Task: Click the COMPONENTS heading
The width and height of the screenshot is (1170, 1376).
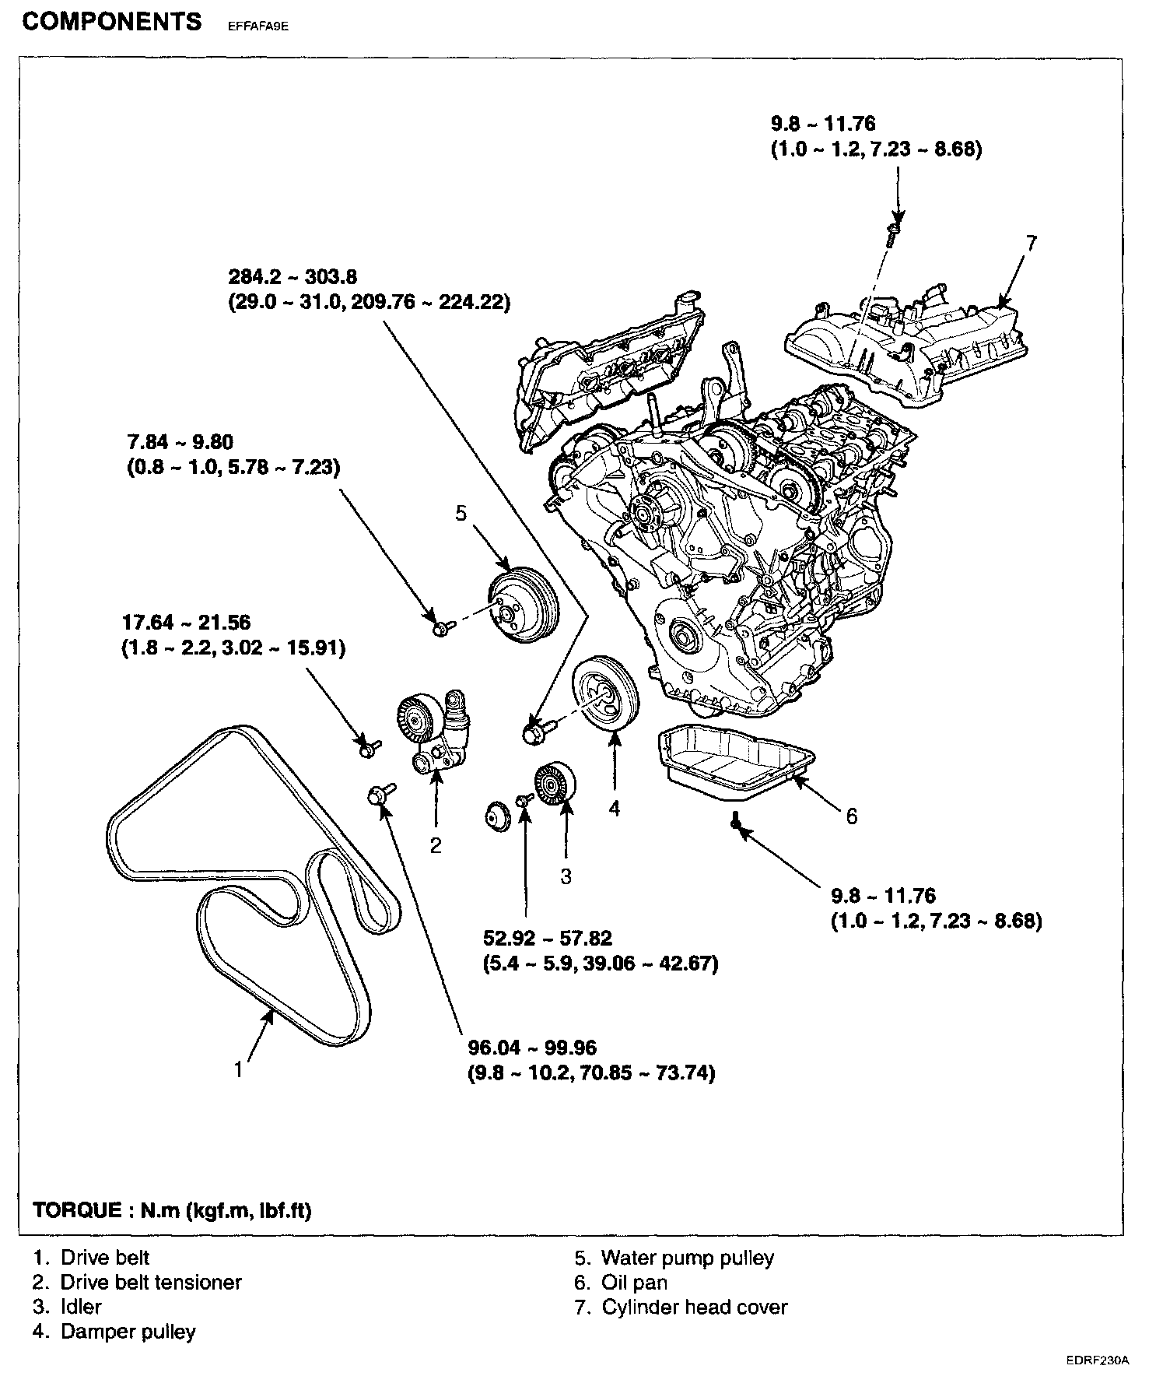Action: click(112, 22)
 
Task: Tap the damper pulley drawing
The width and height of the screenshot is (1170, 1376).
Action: click(605, 692)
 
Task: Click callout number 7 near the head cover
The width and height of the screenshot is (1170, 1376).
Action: click(1031, 244)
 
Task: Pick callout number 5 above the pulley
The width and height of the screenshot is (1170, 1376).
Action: click(461, 513)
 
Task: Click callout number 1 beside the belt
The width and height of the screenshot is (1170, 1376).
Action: click(239, 1070)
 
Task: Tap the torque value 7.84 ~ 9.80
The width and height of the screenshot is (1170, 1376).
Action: click(180, 442)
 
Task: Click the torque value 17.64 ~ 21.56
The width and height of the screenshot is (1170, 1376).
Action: click(186, 622)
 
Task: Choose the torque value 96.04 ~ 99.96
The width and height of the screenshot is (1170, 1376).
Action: click(532, 1048)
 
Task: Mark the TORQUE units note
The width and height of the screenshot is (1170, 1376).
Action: click(172, 1211)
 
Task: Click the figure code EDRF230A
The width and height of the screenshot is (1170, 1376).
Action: click(1098, 1359)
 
